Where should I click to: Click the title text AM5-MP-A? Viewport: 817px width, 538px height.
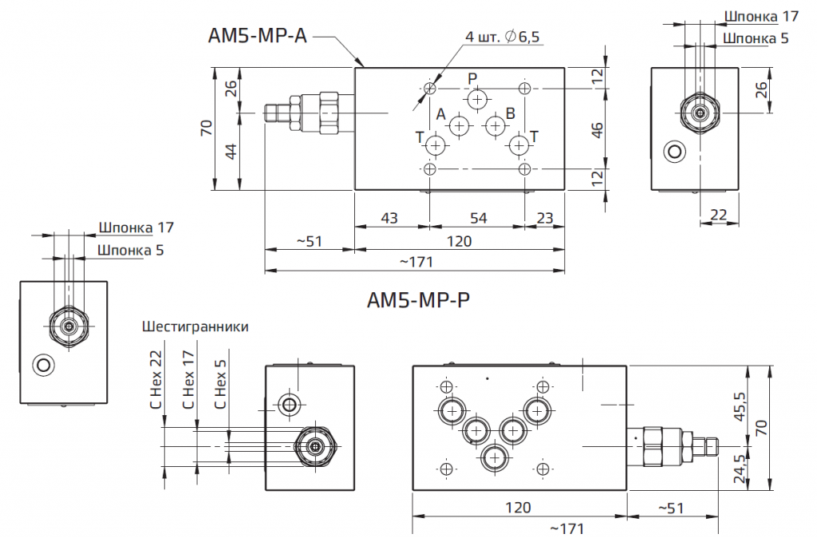click(258, 36)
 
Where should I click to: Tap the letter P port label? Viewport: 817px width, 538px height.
click(472, 78)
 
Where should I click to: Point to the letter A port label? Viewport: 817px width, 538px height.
click(440, 113)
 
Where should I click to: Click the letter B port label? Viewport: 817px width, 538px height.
click(511, 113)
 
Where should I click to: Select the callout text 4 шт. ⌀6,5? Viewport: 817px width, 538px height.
click(503, 37)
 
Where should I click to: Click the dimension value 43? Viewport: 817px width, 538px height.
click(389, 218)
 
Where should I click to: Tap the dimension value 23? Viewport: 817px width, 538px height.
click(545, 218)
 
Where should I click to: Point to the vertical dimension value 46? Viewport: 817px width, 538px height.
click(597, 129)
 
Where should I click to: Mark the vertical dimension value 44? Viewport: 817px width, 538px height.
click(230, 152)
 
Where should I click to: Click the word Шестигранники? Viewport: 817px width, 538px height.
click(195, 326)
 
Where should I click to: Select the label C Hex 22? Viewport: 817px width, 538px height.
click(156, 379)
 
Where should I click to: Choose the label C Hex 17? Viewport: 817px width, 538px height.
click(189, 379)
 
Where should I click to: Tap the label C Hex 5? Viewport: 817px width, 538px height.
click(221, 379)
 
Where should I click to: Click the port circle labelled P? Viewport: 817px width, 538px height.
click(477, 99)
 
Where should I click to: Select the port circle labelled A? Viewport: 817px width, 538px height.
click(459, 125)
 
